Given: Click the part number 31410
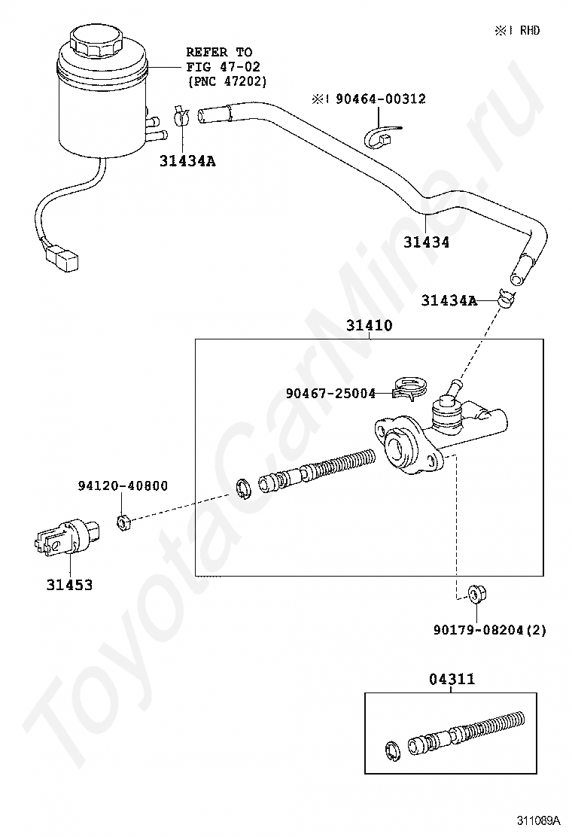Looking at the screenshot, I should point(370,327).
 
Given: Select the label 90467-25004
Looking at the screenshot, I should point(330,393).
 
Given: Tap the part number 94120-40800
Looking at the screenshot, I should point(123,486).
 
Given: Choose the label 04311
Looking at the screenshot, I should point(452,679).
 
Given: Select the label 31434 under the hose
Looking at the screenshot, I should point(426,242).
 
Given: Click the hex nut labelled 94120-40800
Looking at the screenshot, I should point(125,520).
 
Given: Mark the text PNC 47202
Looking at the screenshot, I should point(227,80).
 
